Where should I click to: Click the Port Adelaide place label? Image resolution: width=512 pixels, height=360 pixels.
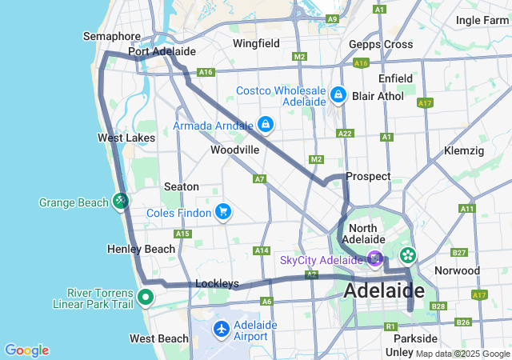point(162,52)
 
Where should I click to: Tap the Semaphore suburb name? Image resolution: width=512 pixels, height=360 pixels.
point(112,37)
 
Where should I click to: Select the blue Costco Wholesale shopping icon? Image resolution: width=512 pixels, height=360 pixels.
point(338,95)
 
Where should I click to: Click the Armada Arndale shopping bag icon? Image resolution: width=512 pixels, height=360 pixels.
point(266,125)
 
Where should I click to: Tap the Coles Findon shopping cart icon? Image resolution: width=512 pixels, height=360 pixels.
point(224,212)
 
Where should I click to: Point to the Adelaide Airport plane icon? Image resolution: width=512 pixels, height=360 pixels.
point(222,328)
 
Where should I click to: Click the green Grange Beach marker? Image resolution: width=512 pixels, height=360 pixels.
point(121,201)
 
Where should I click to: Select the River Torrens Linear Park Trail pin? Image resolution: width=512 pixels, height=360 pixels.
point(145,298)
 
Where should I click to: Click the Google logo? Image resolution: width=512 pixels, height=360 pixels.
point(26,350)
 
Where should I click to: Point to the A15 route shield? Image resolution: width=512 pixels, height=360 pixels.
point(182,234)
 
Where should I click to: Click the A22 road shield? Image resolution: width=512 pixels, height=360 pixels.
point(345,134)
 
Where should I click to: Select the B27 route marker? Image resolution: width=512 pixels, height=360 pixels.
point(459,253)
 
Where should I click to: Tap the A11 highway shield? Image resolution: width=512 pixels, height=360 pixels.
point(467,208)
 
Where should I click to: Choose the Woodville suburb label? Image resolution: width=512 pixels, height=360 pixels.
point(234,150)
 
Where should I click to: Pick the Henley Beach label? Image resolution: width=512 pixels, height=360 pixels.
point(141,250)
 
